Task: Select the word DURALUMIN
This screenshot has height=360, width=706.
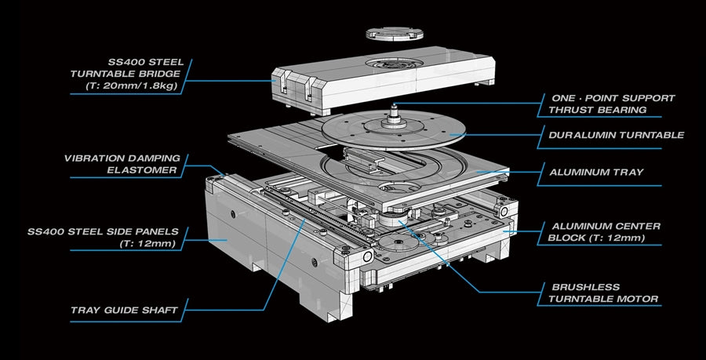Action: [x=579, y=135]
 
